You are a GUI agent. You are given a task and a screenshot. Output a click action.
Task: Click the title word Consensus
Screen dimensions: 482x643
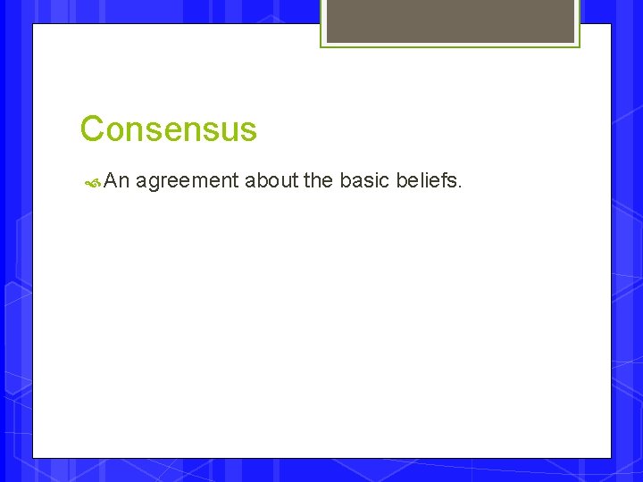click(x=168, y=129)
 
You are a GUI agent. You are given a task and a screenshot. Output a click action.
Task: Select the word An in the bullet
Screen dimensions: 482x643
click(x=117, y=181)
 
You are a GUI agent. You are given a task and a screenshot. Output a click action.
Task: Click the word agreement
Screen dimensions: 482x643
click(x=187, y=182)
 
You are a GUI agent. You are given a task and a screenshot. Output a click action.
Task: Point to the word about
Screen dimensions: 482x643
click(x=271, y=181)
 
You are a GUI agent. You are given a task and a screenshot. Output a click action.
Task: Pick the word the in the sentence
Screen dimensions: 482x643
click(x=318, y=181)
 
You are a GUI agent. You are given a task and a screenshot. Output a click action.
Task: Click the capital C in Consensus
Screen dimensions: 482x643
click(x=92, y=129)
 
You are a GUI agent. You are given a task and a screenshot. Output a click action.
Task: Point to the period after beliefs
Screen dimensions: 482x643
click(x=459, y=187)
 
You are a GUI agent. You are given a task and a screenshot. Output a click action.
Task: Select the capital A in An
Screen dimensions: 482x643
click(x=112, y=181)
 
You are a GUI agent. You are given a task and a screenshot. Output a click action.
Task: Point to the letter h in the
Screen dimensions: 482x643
click(x=317, y=180)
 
